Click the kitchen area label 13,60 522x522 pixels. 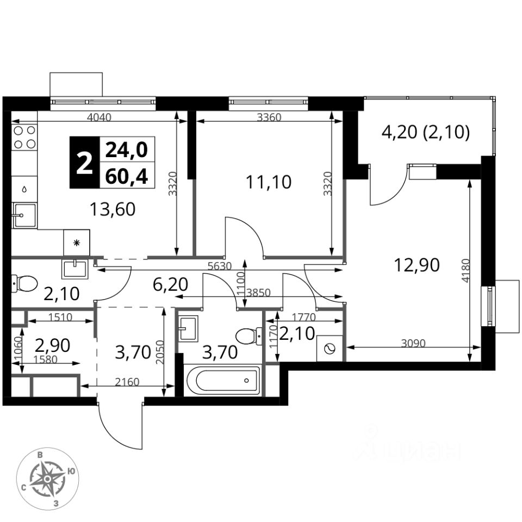[x=113, y=209]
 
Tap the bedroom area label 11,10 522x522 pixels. [x=268, y=182]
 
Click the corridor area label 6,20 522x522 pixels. [x=170, y=284]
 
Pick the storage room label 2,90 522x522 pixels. [x=52, y=345]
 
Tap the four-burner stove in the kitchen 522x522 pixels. [x=24, y=137]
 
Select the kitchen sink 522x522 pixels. [x=24, y=215]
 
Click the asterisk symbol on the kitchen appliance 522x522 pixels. [x=77, y=243]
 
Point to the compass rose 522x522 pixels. [x=48, y=479]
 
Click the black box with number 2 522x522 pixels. [x=85, y=163]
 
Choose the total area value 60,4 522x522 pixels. [x=127, y=176]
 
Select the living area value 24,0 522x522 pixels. [x=127, y=150]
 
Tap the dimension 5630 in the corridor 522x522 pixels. [x=219, y=266]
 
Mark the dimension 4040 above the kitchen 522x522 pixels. [x=99, y=117]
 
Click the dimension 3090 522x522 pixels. [x=413, y=343]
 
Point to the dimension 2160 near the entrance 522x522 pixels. [x=127, y=382]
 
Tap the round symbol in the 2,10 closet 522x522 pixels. [x=329, y=349]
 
